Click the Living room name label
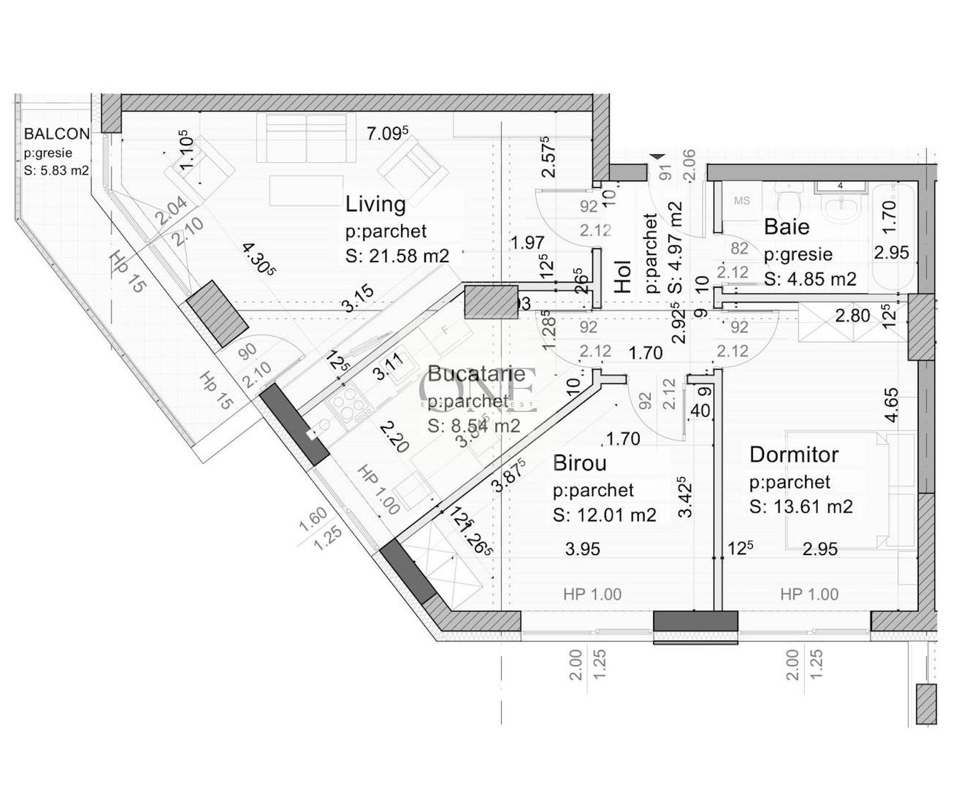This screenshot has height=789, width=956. (x=375, y=204)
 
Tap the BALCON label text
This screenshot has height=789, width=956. (x=57, y=134)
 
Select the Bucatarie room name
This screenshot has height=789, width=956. (x=476, y=374)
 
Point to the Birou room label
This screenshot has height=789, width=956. (x=579, y=462)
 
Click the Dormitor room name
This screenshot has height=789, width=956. (x=794, y=454)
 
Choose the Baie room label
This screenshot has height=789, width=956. (x=787, y=226)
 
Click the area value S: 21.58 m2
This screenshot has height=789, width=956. (x=397, y=257)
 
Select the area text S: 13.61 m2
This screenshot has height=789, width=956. (x=801, y=507)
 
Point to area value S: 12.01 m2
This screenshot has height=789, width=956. (x=605, y=515)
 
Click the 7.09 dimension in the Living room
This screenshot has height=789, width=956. (x=388, y=133)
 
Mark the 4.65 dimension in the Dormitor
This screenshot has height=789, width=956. (x=892, y=406)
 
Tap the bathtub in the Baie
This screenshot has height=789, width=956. (x=890, y=232)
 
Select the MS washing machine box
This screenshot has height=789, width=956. (x=741, y=202)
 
